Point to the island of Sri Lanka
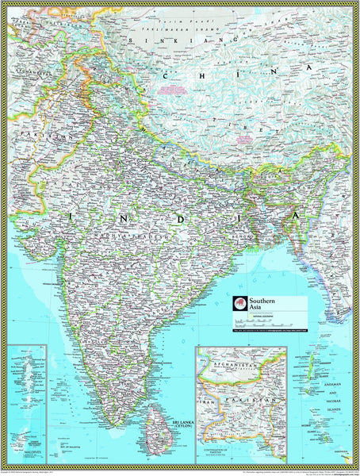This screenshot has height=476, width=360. pos(158,420)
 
